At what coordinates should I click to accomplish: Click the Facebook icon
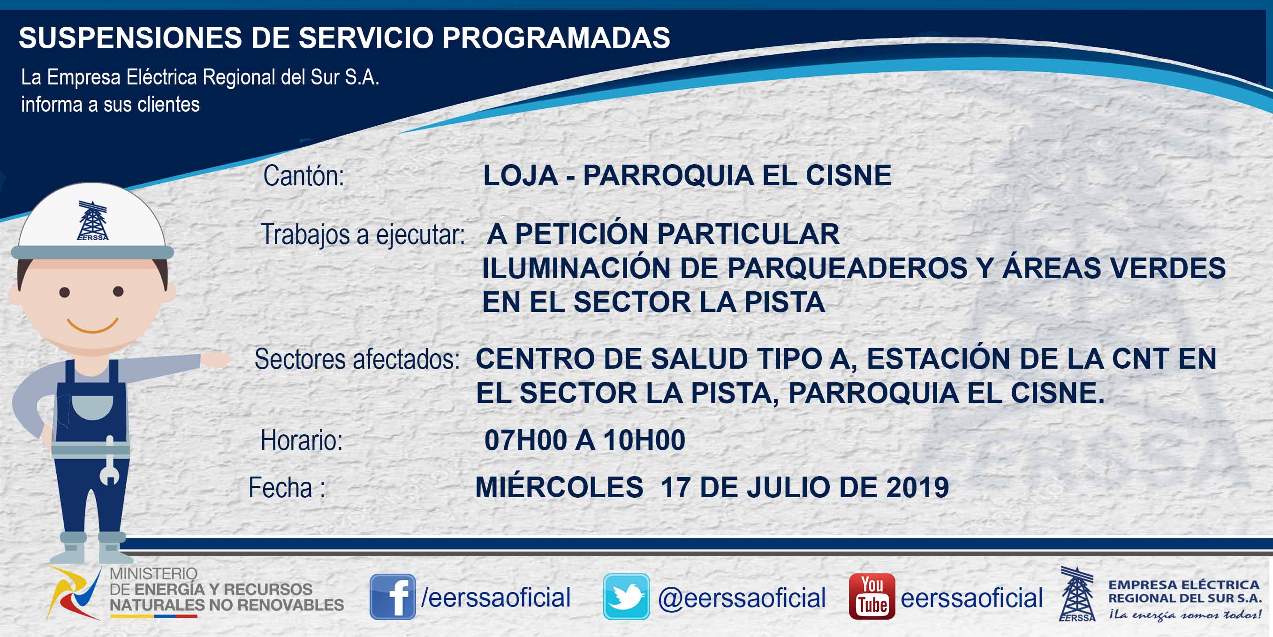393,597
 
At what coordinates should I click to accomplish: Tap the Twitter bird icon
626,597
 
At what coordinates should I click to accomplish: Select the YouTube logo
871,597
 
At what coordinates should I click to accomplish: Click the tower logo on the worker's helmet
92,220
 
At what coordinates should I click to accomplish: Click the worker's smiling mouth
92,326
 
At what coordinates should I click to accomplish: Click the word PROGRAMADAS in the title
556,38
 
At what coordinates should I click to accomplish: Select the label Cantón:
303,176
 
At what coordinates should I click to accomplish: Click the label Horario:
302,440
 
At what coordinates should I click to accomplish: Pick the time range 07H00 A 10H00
584,440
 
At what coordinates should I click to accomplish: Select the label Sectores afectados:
357,359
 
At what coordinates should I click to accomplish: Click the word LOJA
521,175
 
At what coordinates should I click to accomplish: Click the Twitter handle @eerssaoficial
742,598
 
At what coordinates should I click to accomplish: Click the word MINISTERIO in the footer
153,573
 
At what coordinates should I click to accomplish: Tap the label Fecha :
287,487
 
